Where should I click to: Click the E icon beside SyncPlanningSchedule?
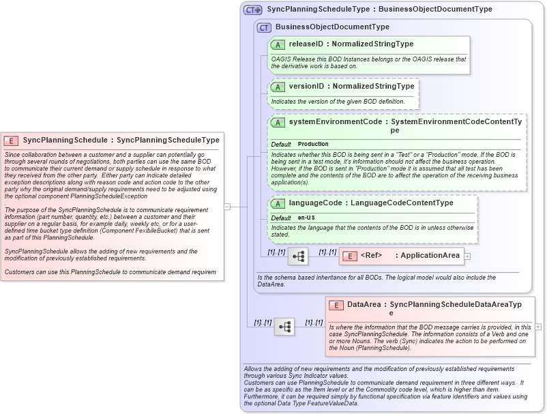click(11, 140)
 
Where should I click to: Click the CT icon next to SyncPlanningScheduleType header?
click(253, 10)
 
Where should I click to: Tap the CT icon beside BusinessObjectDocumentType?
click(264, 27)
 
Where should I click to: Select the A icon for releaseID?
click(278, 44)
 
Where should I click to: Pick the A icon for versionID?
click(278, 87)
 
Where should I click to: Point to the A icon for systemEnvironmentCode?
click(278, 122)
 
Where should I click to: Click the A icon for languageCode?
click(278, 203)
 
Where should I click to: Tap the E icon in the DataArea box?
click(336, 305)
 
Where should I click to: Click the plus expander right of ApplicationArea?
click(467, 256)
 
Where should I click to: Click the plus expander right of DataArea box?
click(538, 327)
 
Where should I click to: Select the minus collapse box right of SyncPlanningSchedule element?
click(227, 206)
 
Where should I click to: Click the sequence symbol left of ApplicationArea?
click(299, 256)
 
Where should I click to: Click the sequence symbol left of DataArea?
click(284, 327)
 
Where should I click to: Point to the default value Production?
click(313, 145)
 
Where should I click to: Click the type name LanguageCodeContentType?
click(399, 203)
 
